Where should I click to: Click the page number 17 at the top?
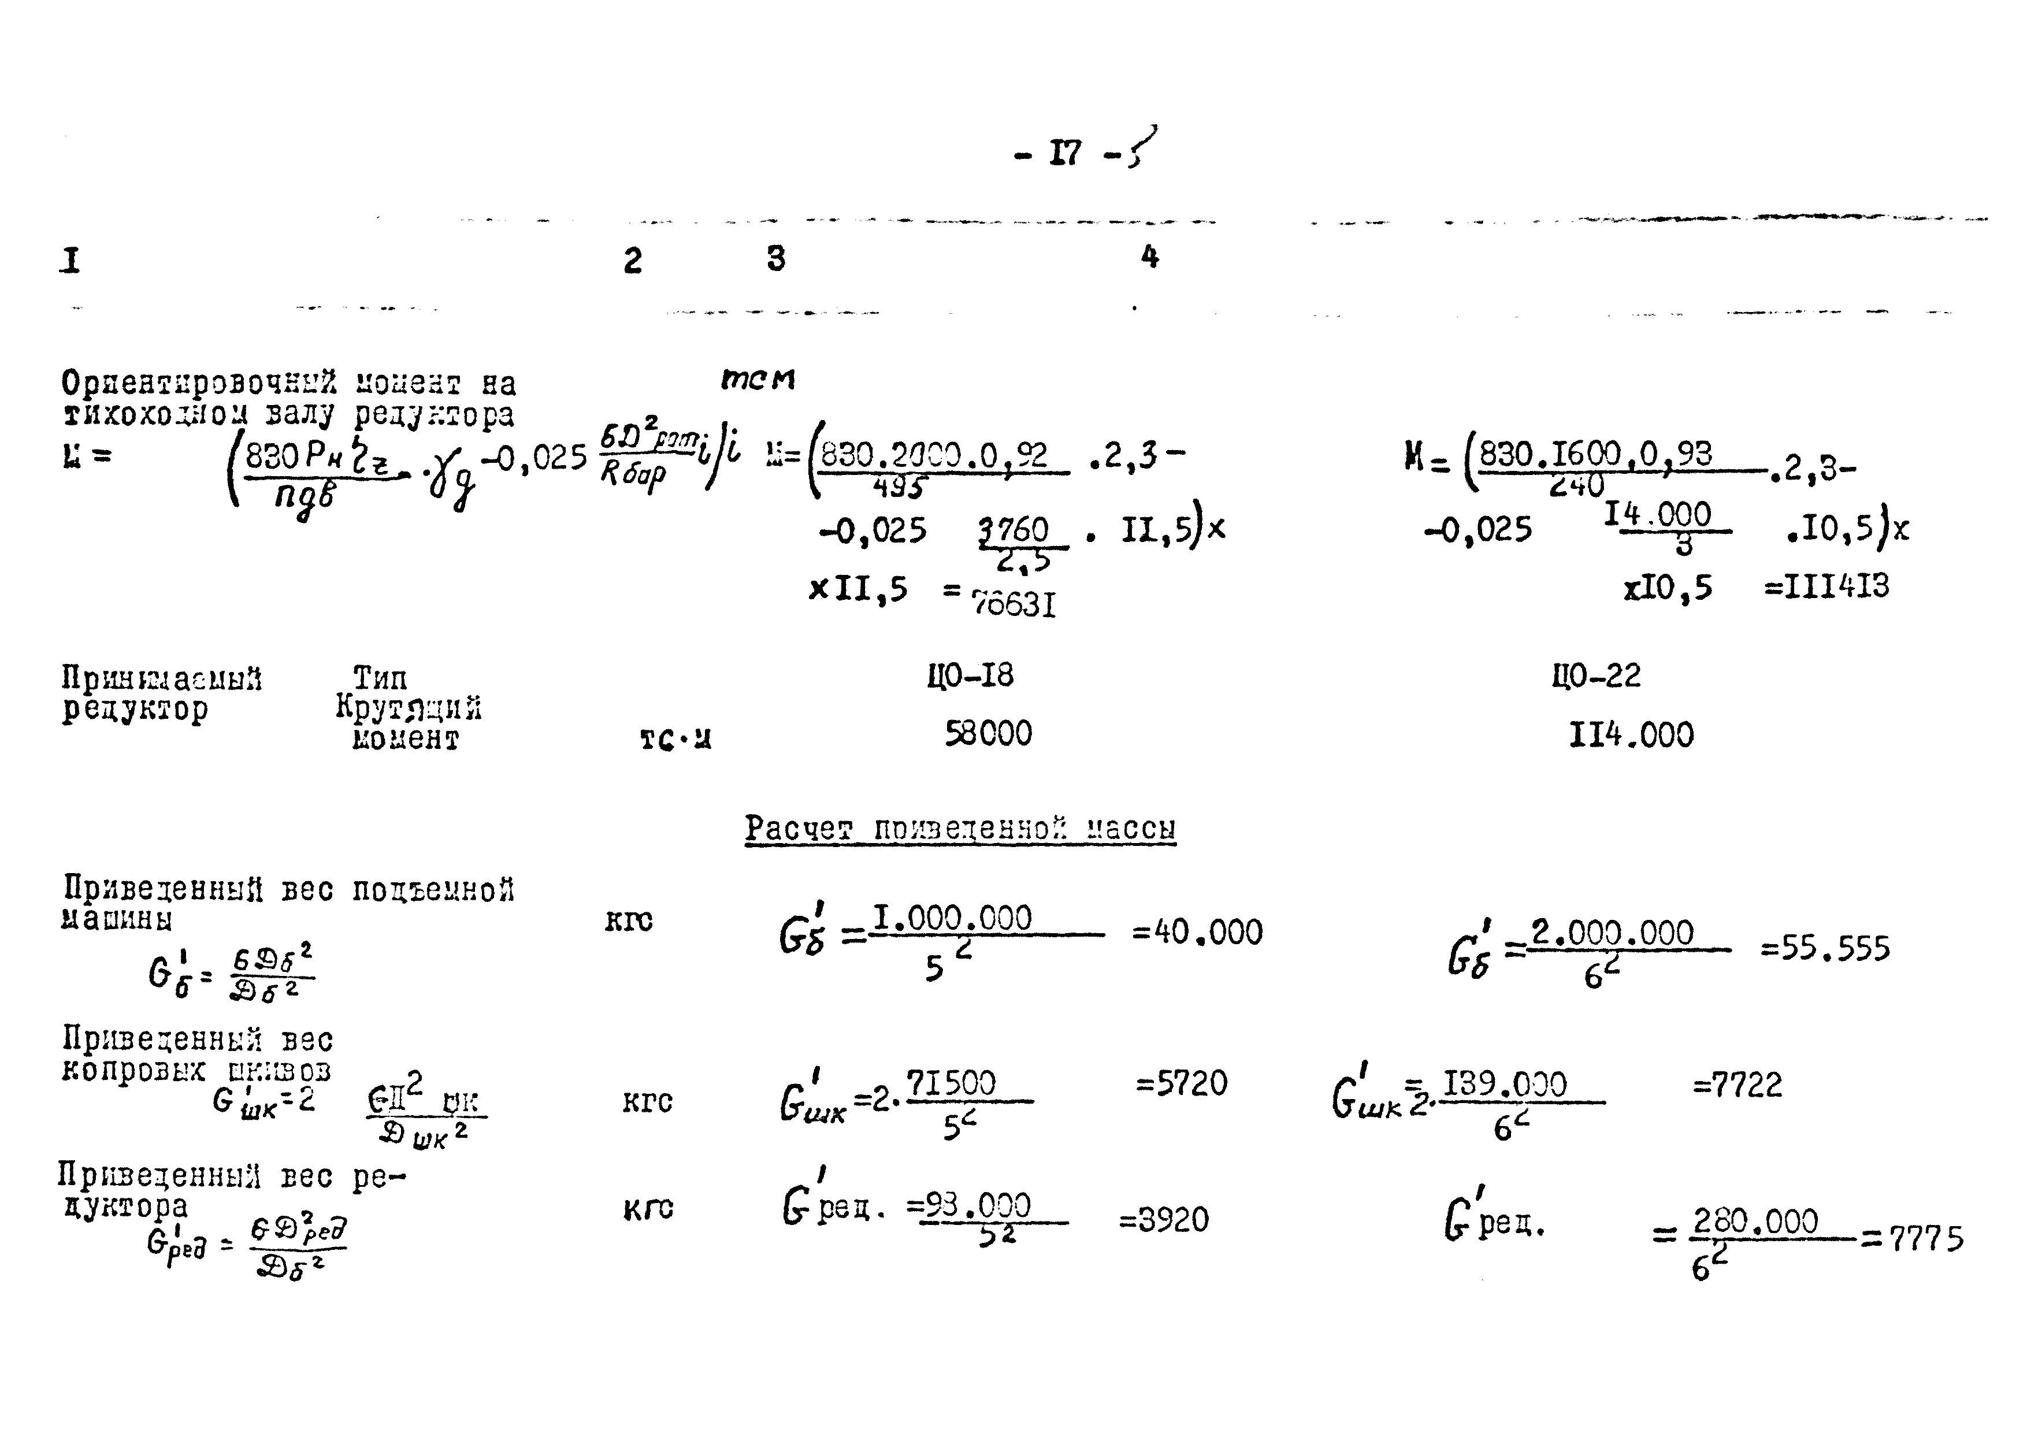coord(1065,154)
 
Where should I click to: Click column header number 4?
coord(1149,257)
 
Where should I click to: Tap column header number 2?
coord(632,261)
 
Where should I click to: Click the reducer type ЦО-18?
coord(970,675)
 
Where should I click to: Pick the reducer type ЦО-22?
coord(1596,675)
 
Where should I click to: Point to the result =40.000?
coord(1198,933)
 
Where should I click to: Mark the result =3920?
coord(1164,1220)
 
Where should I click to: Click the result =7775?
coord(1913,1239)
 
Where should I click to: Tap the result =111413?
coord(1826,587)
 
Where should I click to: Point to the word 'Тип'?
coord(381,678)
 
